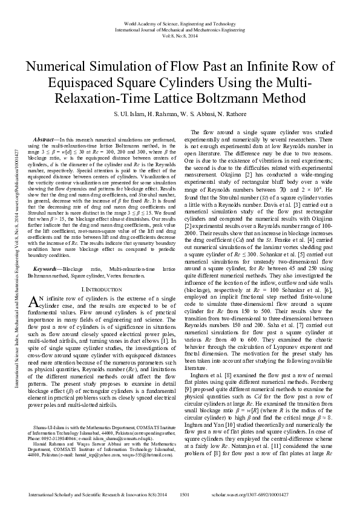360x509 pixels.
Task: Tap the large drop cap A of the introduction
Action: pyautogui.click(x=34, y=302)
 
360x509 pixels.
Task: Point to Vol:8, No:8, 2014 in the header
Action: pyautogui.click(x=180, y=34)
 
